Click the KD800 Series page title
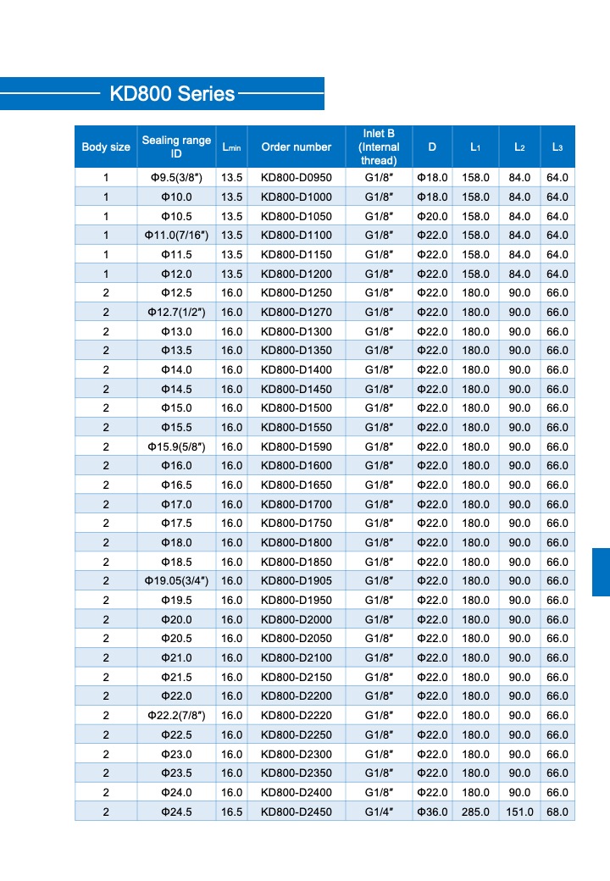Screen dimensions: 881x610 point(172,93)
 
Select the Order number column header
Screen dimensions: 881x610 point(296,147)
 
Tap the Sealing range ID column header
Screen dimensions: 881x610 point(176,147)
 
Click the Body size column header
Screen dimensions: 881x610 point(106,147)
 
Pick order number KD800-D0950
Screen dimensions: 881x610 point(296,178)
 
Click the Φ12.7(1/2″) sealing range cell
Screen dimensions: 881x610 point(176,313)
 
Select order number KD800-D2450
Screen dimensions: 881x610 point(296,812)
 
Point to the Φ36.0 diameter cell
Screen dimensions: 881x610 point(432,812)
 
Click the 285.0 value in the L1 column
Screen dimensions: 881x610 point(475,812)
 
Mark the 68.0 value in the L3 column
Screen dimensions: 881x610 point(557,812)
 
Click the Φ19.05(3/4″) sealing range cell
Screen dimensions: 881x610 point(176,581)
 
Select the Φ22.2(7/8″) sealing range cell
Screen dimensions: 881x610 point(176,716)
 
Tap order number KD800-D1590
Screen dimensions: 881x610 point(296,446)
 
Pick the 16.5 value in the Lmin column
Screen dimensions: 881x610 point(231,812)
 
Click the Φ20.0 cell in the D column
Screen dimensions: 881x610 point(432,216)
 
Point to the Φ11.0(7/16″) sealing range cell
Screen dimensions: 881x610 point(176,235)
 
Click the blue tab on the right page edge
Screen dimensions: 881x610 point(601,572)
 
